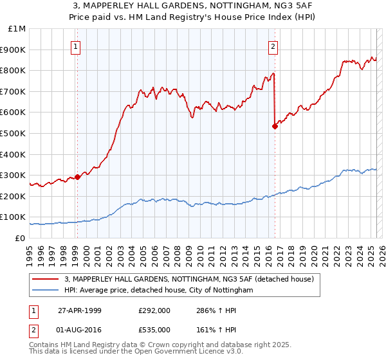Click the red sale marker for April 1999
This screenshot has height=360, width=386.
(78, 176)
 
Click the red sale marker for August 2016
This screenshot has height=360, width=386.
(275, 126)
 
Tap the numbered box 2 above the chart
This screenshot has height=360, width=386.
(273, 46)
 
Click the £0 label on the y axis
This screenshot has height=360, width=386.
(21, 238)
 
